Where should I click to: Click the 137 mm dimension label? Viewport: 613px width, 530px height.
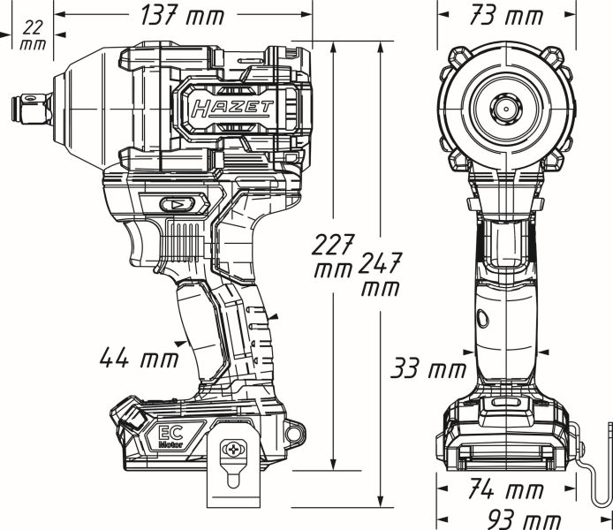pyautogui.click(x=183, y=15)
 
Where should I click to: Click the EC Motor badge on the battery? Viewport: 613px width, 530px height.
pyautogui.click(x=171, y=437)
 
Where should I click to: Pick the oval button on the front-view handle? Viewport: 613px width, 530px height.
pyautogui.click(x=481, y=318)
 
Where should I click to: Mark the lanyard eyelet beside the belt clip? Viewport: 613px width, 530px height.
pyautogui.click(x=294, y=432)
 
